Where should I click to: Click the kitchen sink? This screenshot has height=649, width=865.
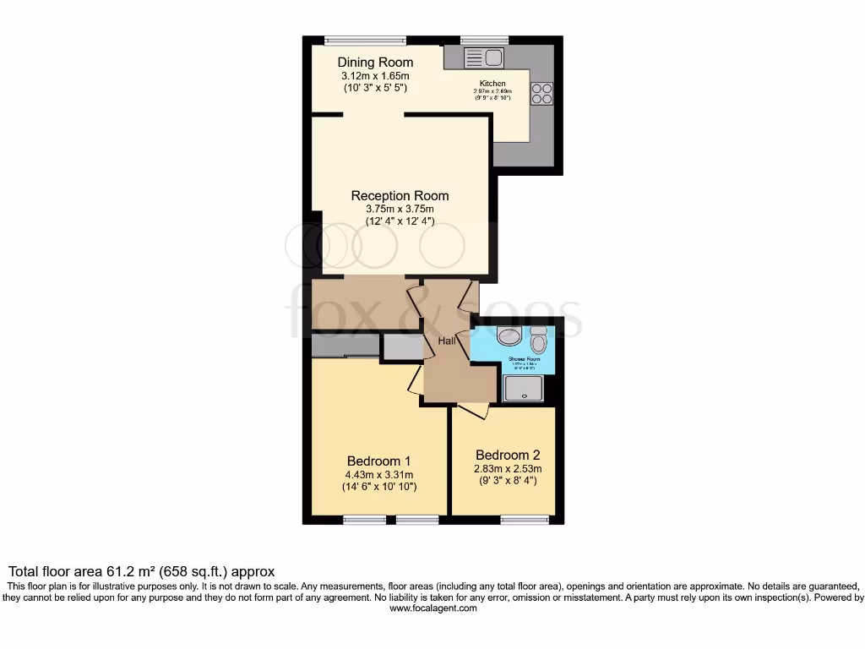tap(484, 57)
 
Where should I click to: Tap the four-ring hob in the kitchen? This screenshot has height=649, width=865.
tap(541, 93)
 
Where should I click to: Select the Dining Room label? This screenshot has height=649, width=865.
tap(375, 63)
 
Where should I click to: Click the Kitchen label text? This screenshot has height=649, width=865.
tap(492, 84)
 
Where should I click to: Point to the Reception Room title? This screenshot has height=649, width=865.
tap(400, 196)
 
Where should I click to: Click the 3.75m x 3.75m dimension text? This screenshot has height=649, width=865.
tap(400, 210)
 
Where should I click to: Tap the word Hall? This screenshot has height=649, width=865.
tap(446, 341)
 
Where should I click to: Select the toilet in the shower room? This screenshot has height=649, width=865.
tap(538, 342)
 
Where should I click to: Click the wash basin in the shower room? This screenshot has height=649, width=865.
tap(509, 338)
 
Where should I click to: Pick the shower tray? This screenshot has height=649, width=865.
tap(524, 388)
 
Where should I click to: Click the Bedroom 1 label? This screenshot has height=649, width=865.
tap(378, 461)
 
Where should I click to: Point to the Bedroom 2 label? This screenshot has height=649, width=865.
tap(507, 455)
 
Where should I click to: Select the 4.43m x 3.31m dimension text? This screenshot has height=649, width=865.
tap(378, 475)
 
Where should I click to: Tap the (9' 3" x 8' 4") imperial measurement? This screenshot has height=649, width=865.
tap(507, 481)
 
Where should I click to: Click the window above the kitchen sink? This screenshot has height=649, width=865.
tap(484, 40)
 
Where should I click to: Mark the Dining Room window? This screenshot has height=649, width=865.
tap(365, 40)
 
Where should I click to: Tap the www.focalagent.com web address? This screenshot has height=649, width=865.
tap(432, 608)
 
